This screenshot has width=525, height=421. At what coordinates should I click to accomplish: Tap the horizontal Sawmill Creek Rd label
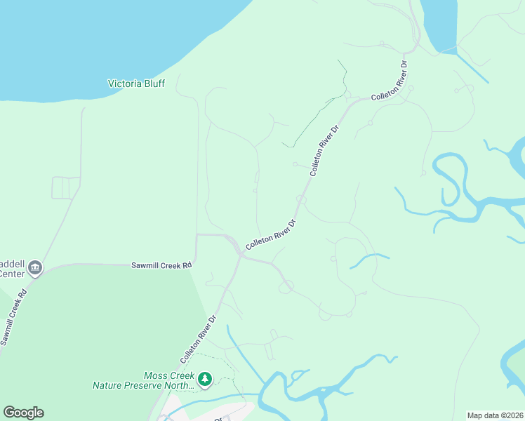[x=161, y=266]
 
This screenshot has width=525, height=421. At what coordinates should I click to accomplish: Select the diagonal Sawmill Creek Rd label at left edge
[x=14, y=316]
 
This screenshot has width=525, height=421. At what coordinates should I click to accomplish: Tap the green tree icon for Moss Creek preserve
[x=205, y=380]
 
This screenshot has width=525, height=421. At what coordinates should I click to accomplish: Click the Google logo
[x=23, y=413]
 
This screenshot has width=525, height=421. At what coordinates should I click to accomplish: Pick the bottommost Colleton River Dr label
[x=199, y=338]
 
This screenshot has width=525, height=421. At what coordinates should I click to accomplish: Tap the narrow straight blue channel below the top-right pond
[x=472, y=66]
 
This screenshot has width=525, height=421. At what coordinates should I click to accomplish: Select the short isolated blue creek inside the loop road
[x=369, y=259]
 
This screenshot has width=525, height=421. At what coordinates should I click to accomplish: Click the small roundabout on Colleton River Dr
[x=301, y=200]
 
